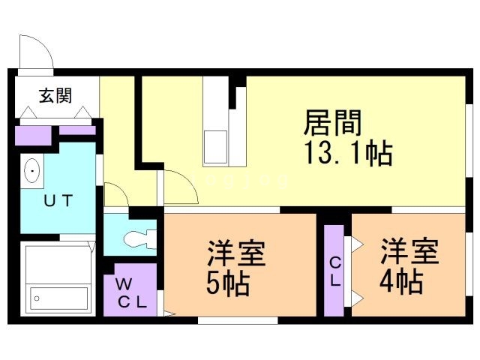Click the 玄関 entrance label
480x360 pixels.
[x=55, y=95]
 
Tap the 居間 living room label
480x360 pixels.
[x=333, y=123]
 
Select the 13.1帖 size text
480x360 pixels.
[x=348, y=153]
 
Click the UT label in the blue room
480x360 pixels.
[x=58, y=200]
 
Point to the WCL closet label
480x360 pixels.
[x=131, y=293]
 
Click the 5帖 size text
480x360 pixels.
[x=228, y=283]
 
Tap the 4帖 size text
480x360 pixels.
[x=401, y=282]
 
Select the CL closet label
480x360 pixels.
[x=334, y=271]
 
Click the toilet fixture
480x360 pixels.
[x=140, y=238]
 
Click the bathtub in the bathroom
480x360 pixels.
[x=59, y=298]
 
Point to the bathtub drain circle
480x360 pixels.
[x=37, y=298]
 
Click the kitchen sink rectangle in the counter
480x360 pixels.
[x=216, y=147]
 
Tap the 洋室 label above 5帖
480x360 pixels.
[x=236, y=253]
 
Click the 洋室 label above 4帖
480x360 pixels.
[x=409, y=251]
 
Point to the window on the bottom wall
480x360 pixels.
[x=238, y=320]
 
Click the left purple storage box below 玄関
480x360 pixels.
[x=33, y=135]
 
